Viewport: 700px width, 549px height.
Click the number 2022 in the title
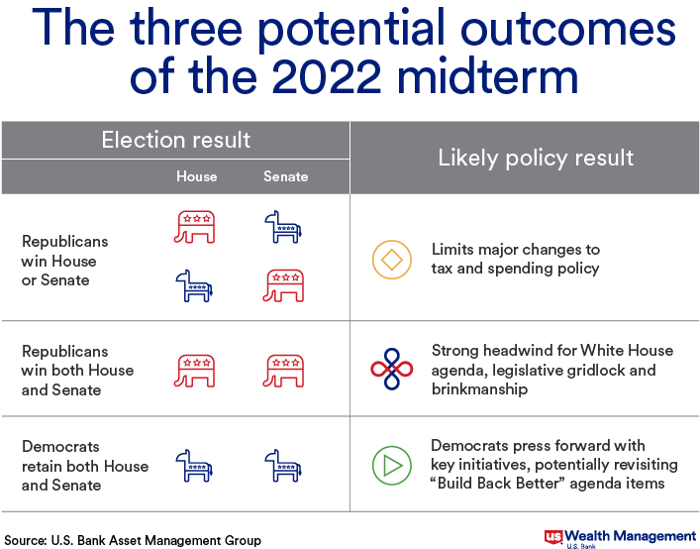pyautogui.click(x=327, y=76)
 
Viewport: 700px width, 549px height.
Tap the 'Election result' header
pyautogui.click(x=176, y=140)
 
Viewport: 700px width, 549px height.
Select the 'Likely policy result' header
pyautogui.click(x=536, y=158)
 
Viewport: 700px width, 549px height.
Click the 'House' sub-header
pyautogui.click(x=196, y=176)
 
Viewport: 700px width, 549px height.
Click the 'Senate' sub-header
pyautogui.click(x=286, y=176)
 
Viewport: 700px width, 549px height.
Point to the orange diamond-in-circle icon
pyautogui.click(x=392, y=260)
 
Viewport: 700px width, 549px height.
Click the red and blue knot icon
pyautogui.click(x=392, y=369)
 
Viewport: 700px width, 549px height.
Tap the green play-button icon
pyautogui.click(x=392, y=466)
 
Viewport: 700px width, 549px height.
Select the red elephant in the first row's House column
pyautogui.click(x=195, y=227)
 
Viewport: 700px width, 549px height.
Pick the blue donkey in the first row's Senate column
pyautogui.click(x=283, y=227)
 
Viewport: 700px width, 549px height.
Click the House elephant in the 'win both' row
pyautogui.click(x=195, y=371)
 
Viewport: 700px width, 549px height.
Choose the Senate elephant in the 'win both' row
pyautogui.click(x=283, y=371)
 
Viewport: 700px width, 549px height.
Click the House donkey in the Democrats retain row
pyautogui.click(x=194, y=466)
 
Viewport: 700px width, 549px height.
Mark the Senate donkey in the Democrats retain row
pyautogui.click(x=283, y=466)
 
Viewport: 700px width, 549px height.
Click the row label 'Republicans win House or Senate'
pyautogui.click(x=64, y=261)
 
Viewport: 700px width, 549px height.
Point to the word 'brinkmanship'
pyautogui.click(x=479, y=389)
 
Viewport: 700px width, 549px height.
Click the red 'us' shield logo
pyautogui.click(x=553, y=537)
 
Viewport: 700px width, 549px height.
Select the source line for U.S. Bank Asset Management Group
pyautogui.click(x=133, y=540)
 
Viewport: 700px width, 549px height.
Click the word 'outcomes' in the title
pyautogui.click(x=568, y=28)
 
